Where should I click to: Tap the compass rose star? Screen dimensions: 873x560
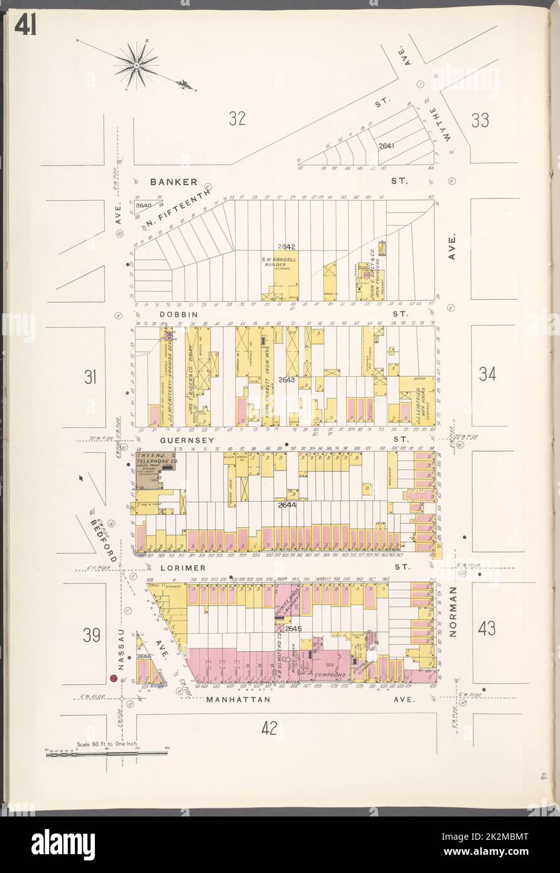point(136,64)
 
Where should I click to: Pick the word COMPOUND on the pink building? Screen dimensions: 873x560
point(331,675)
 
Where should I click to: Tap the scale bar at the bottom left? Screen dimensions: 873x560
point(106,752)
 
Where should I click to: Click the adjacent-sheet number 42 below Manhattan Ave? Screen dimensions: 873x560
point(269,728)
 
